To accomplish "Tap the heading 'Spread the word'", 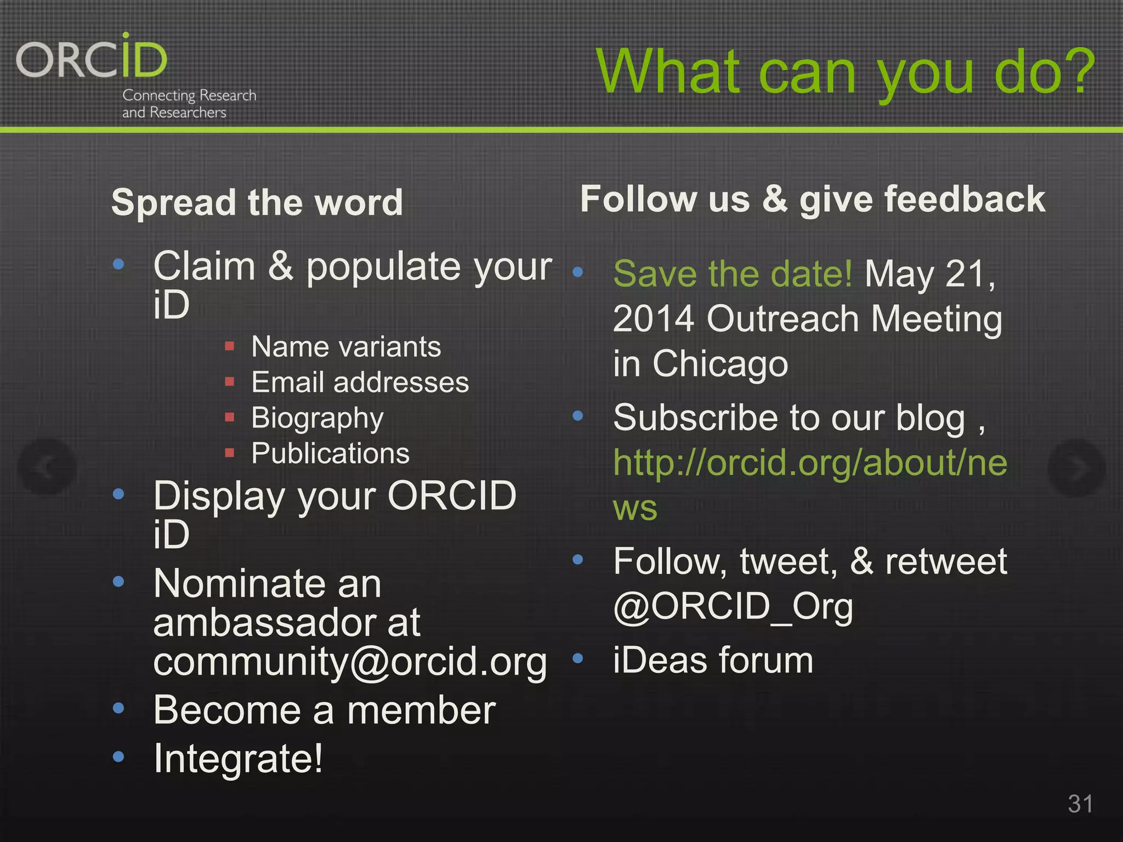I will (257, 202).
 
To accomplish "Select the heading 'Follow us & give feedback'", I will (812, 199).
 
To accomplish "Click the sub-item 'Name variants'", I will (346, 347).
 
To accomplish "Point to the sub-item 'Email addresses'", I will (360, 382).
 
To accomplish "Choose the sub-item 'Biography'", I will (317, 418).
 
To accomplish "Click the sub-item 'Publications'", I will (330, 453).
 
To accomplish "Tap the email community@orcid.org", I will (350, 662).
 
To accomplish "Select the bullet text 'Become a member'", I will (324, 710).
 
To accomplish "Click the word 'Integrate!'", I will (239, 759).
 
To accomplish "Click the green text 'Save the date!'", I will (733, 274).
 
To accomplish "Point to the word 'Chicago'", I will (720, 363).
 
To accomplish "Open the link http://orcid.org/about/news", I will (810, 463).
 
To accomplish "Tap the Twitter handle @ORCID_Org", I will (733, 607).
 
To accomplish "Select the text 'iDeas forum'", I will (713, 660).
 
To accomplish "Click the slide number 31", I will (1080, 804).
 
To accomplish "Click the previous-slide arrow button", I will (47, 467).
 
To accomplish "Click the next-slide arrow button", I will (1076, 468).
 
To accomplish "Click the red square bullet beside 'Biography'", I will (230, 418).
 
